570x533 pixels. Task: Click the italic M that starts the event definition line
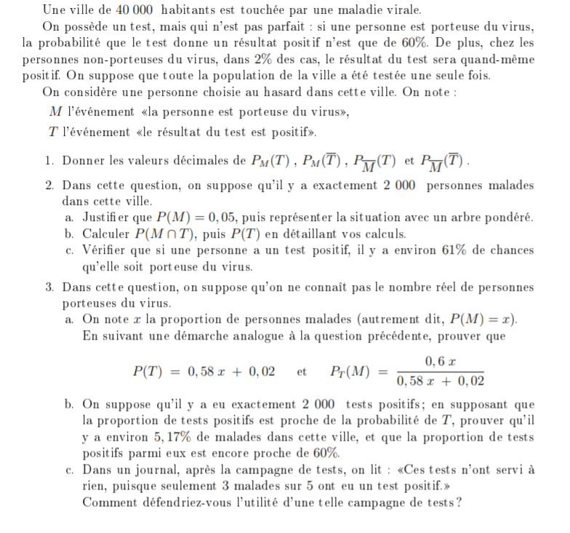tap(55, 112)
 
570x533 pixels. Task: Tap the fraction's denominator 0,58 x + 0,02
tap(440, 380)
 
